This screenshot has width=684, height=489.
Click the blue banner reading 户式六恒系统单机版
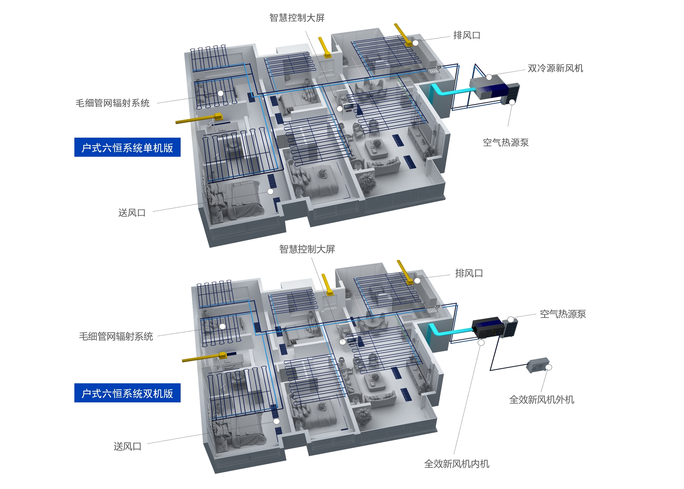pos(127,147)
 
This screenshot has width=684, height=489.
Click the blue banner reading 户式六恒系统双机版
pos(127,393)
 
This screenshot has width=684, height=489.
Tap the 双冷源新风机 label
pos(555,68)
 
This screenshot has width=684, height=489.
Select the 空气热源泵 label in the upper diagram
pos(506,142)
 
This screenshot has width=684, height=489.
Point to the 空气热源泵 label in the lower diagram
pos(563,314)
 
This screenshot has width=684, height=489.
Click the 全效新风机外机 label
pos(542,399)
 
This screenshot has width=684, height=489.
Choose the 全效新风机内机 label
pos(457,464)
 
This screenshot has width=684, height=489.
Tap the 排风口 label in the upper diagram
pos(467,35)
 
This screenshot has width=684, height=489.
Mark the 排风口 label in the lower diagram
pos(469,273)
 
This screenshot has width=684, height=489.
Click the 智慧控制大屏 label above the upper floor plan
pos(297,18)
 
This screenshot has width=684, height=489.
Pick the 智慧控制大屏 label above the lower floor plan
pos(307,249)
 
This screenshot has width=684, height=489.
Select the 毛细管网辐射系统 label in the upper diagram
pos(113,103)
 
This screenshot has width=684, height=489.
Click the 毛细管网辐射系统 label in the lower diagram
pos(116,336)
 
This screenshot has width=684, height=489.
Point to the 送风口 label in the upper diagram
pos(132,213)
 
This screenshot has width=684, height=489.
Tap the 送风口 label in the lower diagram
pos(127,446)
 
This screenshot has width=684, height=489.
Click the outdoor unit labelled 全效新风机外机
pos(537,365)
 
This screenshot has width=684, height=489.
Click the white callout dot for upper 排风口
pos(416,43)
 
